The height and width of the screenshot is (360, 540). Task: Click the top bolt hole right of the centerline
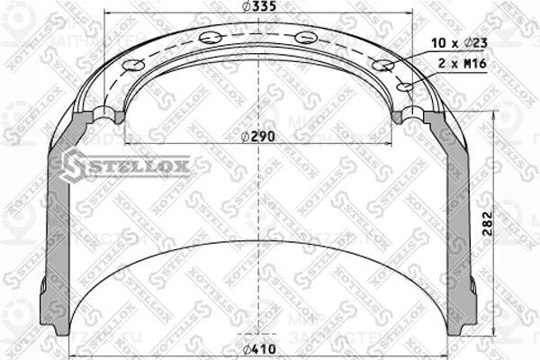(x=305, y=37)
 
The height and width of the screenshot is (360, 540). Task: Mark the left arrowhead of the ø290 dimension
(x=128, y=143)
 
